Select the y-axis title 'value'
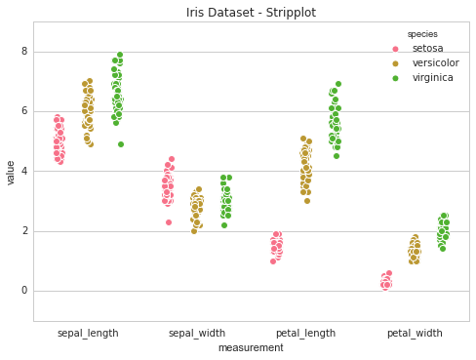12,173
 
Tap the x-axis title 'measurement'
251,348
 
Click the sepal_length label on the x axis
88,333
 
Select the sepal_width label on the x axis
197,333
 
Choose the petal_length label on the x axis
305,333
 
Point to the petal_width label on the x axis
415,333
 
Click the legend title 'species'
422,34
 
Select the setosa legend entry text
427,49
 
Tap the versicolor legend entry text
433,63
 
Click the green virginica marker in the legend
396,78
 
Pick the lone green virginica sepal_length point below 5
121,144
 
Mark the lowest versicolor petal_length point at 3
306,201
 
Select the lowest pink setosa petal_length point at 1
273,261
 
